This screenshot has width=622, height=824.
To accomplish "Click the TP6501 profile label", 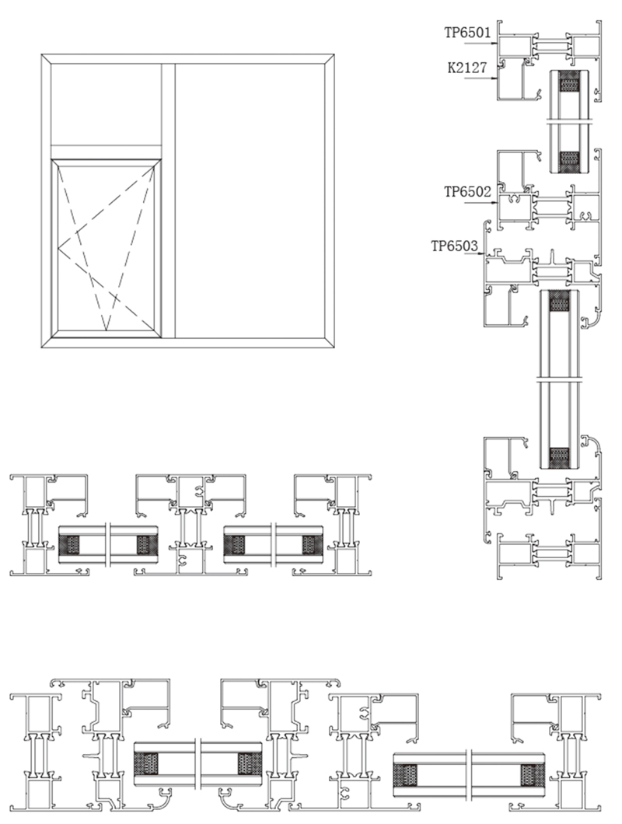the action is click(x=467, y=33).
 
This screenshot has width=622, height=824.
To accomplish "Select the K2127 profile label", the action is click(x=467, y=68).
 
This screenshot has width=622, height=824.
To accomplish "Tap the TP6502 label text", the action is click(x=467, y=192).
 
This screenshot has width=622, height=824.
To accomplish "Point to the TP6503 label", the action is click(x=454, y=246).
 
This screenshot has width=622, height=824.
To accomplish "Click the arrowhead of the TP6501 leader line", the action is click(x=495, y=44).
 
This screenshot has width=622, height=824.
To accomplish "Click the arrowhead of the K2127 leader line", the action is click(x=495, y=79).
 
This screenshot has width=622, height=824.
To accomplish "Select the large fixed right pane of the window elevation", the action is click(x=250, y=201).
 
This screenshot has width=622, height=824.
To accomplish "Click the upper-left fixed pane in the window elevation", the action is click(x=107, y=105).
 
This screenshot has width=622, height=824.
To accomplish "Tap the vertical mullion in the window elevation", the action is click(x=168, y=201).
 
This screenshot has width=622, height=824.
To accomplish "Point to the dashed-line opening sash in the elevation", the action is click(x=107, y=246).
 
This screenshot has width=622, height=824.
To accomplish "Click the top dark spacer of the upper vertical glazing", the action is click(x=568, y=82).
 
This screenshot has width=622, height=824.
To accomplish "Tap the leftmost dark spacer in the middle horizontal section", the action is click(x=69, y=545).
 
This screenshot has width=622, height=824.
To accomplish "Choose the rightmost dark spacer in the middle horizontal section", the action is click(x=312, y=545).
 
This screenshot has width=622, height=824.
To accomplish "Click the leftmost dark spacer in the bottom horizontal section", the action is click(x=148, y=764).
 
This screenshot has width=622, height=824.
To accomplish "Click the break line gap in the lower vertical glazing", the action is click(x=561, y=379).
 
